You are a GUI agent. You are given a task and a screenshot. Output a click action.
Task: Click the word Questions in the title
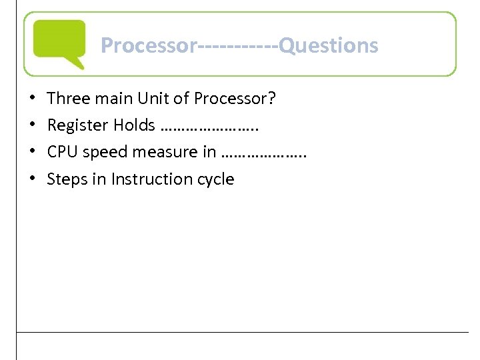coord(329,45)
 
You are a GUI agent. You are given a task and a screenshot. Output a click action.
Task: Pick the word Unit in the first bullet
coord(152,99)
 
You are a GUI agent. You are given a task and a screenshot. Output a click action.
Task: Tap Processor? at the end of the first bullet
coord(235,99)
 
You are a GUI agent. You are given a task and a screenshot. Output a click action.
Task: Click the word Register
coord(78,125)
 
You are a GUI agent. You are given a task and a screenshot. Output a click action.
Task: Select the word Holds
coord(134,125)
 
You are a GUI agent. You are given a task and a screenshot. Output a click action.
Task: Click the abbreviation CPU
coord(61,152)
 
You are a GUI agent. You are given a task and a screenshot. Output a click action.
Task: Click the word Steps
coord(63,179)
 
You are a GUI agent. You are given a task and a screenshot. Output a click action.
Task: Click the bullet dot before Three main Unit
coord(33,99)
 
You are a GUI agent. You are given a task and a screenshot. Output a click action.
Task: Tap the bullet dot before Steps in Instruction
coord(33,179)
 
